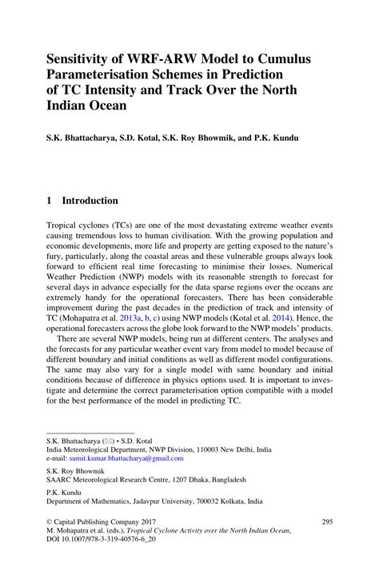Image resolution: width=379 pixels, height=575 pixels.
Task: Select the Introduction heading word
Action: (x=90, y=201)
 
